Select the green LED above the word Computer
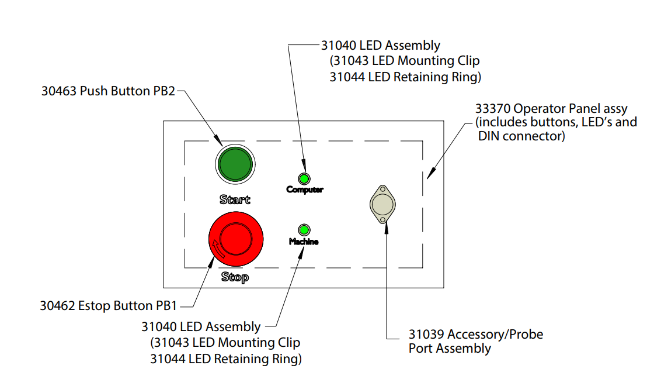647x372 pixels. tap(304, 178)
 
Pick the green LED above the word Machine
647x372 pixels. tap(304, 230)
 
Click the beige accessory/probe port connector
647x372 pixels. tap(382, 204)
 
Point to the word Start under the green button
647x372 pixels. tap(235, 199)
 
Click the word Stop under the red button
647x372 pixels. tap(235, 277)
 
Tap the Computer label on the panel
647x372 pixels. tap(304, 190)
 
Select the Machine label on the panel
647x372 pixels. tap(304, 241)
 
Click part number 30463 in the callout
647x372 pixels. tap(59, 91)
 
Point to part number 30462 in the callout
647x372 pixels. tap(57, 305)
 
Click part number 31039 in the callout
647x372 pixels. tap(426, 335)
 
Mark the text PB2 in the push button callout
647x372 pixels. tap(164, 91)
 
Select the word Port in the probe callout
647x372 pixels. tap(421, 349)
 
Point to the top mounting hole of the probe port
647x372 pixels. tap(382, 189)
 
